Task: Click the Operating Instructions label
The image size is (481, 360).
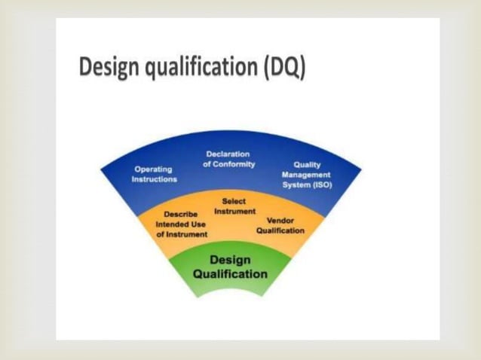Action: pos(154,174)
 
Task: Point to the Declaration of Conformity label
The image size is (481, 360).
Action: pos(228,159)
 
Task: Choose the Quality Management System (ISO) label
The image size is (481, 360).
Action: pos(306,175)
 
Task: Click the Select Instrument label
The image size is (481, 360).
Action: pos(234,206)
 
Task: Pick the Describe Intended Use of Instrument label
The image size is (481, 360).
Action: pos(182,224)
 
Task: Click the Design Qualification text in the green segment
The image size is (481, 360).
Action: pos(230,267)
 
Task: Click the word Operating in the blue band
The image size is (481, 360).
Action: pos(152,169)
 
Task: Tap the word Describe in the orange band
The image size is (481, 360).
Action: pos(181,214)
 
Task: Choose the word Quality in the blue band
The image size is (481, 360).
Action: pos(307,165)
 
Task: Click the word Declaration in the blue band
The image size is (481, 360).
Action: pos(228,154)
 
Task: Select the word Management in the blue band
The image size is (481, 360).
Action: pos(306,175)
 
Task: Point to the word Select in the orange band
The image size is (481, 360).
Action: pos(234,201)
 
